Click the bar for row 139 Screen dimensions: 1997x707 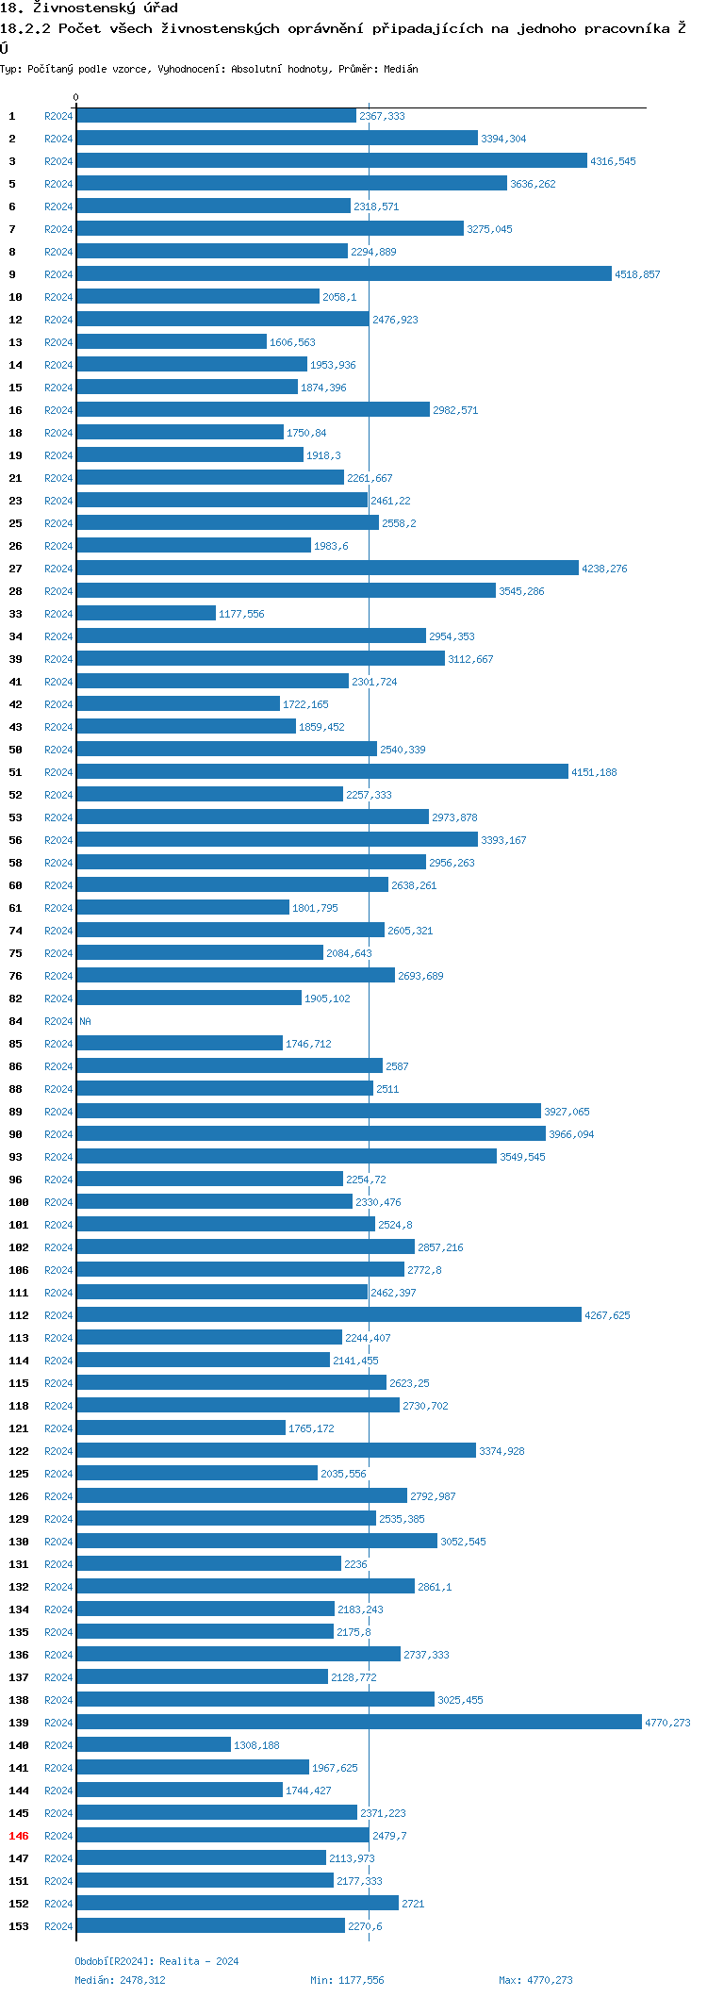click(x=358, y=1723)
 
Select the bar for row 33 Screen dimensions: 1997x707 click(x=146, y=614)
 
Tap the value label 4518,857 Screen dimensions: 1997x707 click(x=637, y=274)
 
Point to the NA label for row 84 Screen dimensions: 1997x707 click(x=86, y=1021)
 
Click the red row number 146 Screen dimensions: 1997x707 click(x=19, y=1836)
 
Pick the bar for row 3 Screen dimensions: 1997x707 click(x=332, y=161)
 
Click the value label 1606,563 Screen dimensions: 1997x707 click(x=292, y=342)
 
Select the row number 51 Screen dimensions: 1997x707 click(x=16, y=772)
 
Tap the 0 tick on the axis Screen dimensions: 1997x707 click(x=76, y=97)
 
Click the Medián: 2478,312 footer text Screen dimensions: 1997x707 click(x=120, y=1980)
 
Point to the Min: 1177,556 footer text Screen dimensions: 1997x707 click(x=347, y=1980)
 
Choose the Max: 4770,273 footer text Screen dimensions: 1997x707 click(x=535, y=1980)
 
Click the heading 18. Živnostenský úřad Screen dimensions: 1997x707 click(x=89, y=8)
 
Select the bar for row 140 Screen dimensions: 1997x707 click(x=154, y=1745)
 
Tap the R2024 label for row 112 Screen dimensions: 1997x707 click(x=58, y=1315)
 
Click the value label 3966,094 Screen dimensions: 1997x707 click(x=571, y=1134)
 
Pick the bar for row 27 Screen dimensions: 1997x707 click(x=327, y=569)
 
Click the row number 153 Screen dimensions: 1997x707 click(x=19, y=1926)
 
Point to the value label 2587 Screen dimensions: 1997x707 click(x=397, y=1066)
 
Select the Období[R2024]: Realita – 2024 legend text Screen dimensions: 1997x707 click(x=156, y=1961)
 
